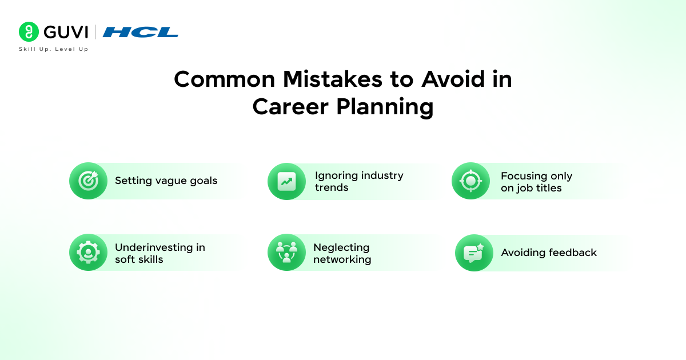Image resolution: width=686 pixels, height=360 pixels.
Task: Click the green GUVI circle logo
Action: [29, 31]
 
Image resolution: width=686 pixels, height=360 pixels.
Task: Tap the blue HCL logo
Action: [141, 32]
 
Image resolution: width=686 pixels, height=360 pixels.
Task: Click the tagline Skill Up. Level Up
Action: [54, 49]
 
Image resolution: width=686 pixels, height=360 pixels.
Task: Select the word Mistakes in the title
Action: [332, 79]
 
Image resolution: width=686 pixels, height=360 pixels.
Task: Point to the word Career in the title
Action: [290, 107]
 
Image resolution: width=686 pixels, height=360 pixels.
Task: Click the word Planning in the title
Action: [385, 107]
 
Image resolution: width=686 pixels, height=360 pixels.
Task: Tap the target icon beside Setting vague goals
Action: [88, 181]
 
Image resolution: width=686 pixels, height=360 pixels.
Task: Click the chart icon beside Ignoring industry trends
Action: [286, 181]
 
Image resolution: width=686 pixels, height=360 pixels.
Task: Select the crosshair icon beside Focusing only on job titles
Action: [470, 181]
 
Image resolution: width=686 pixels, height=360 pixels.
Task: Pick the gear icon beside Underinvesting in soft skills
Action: [88, 253]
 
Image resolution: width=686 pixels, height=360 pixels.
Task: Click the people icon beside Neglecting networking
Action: [286, 253]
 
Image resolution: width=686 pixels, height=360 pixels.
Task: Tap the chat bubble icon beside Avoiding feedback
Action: [474, 253]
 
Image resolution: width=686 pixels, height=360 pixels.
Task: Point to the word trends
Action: [332, 187]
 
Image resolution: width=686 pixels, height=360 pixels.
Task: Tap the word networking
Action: [342, 259]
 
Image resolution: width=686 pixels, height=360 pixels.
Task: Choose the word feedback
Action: [573, 253]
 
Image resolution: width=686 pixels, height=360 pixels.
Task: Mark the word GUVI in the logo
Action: [66, 32]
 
